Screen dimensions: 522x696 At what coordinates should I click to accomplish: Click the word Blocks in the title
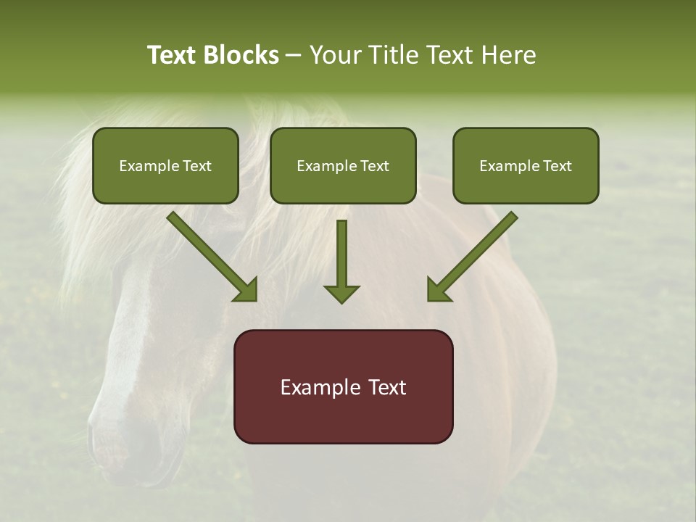pos(243,55)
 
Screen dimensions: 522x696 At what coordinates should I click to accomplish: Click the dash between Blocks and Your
pos(294,56)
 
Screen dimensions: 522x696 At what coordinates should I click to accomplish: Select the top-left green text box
pos(165,166)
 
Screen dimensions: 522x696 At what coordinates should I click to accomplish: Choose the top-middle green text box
pos(343,166)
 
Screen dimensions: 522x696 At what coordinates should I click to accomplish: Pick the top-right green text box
pos(526,166)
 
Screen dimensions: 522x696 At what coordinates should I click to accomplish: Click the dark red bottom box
pos(343,386)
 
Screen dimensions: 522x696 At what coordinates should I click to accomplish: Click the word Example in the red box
pos(316,387)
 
